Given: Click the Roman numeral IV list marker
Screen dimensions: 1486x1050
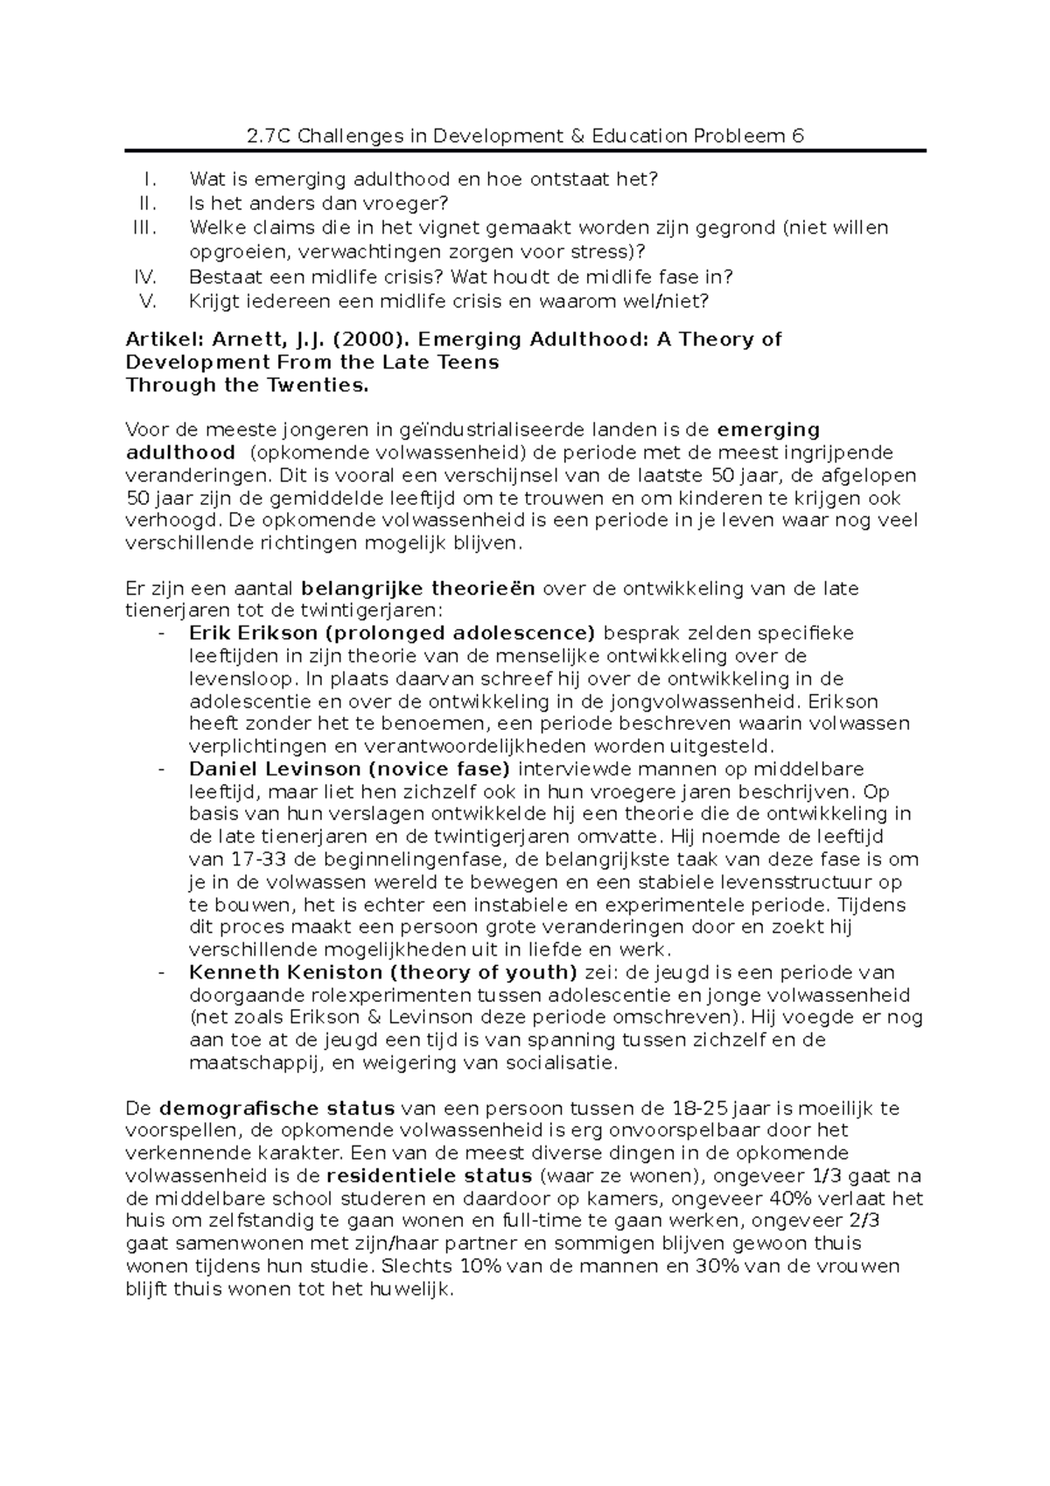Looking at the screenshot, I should click(x=144, y=277).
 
